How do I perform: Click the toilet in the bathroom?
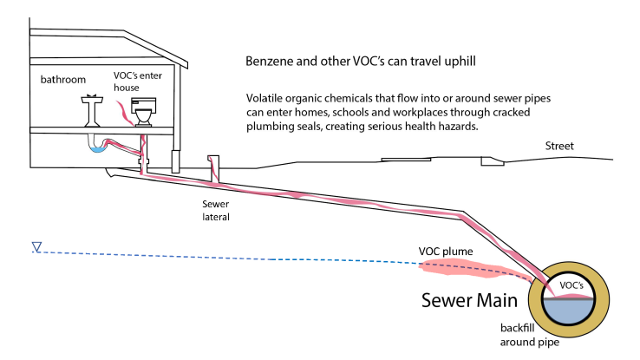(143, 113)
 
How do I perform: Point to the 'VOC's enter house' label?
(137, 81)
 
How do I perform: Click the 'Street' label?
(561, 146)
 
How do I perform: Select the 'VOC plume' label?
(445, 252)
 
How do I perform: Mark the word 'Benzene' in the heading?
(271, 63)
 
